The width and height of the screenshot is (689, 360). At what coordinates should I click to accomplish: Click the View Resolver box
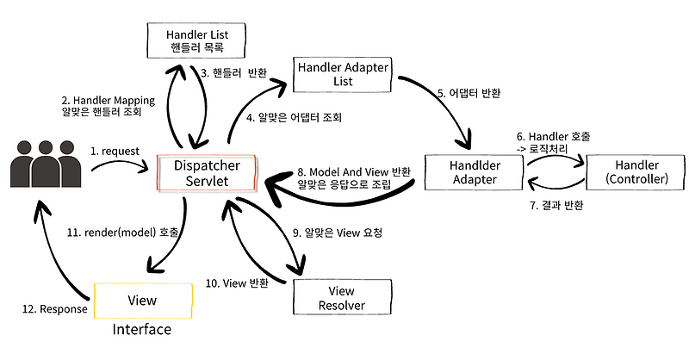tap(342, 297)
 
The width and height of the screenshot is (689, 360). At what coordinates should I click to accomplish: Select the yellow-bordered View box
tap(141, 301)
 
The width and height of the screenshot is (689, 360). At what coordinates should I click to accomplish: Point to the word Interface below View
tap(141, 330)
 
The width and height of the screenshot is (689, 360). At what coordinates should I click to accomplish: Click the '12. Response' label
tap(54, 308)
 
